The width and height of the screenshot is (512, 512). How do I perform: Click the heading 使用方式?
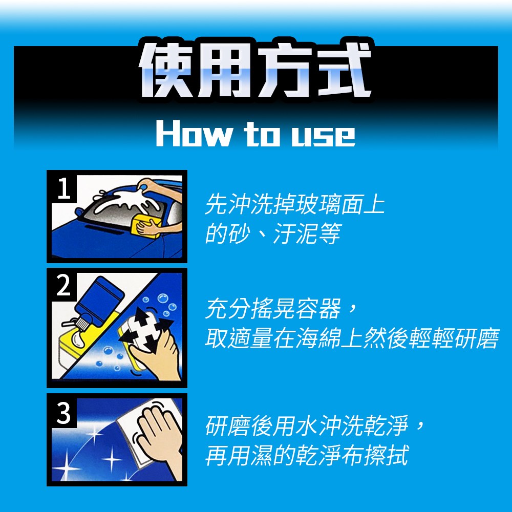point(255,70)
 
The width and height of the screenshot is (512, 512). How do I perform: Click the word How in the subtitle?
point(195,133)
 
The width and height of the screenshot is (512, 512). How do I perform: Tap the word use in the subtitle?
point(323,136)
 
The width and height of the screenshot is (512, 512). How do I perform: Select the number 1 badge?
point(64,188)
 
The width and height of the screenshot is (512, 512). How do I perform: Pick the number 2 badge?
point(64,286)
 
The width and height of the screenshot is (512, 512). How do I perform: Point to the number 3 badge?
point(64,413)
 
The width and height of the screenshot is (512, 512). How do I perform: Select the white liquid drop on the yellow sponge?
point(77,339)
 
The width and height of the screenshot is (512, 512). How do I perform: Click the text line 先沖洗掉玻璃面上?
point(294,204)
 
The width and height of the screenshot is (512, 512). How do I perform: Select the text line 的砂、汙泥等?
point(273,234)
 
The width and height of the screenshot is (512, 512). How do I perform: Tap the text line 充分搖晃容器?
point(281,308)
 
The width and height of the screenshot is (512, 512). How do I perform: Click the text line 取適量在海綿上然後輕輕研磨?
point(352,337)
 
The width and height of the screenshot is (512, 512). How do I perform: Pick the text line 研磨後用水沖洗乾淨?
point(315,426)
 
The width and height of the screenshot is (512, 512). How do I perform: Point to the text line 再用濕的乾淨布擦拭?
point(307,455)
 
